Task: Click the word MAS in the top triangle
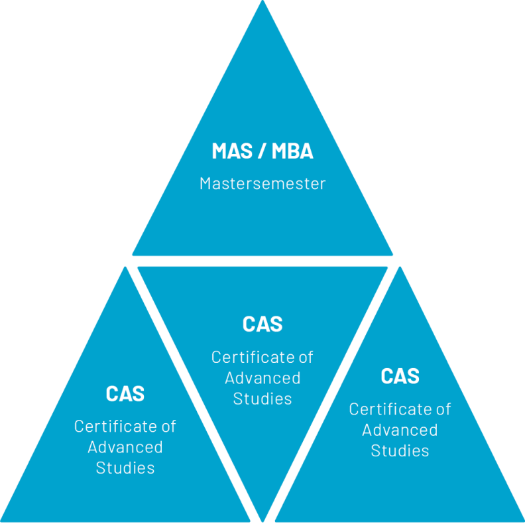[232, 151]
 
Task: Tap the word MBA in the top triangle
[291, 151]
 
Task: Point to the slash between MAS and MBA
[262, 151]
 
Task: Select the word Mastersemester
[262, 184]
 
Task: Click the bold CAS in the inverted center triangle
[262, 324]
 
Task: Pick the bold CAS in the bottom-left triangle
[125, 394]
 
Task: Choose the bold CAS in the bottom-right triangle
[400, 377]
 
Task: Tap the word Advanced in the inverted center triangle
[262, 378]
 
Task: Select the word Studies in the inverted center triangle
[262, 399]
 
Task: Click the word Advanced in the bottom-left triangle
[125, 447]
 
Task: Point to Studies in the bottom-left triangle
[125, 468]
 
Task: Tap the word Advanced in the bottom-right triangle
[400, 430]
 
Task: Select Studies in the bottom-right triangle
[400, 450]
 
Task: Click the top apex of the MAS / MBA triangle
[262, 3]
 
